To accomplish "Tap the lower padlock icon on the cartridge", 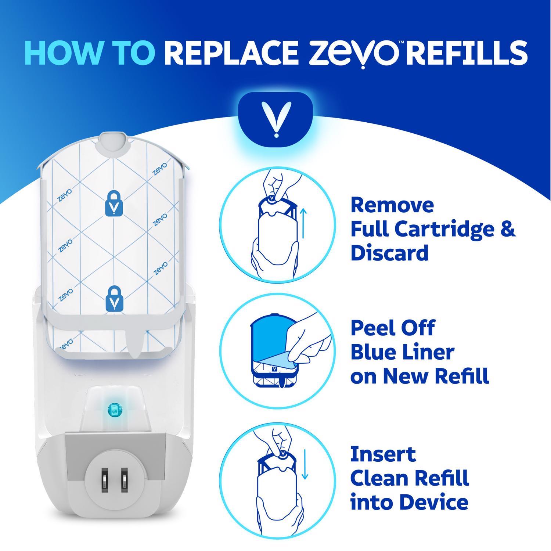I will (x=115, y=300).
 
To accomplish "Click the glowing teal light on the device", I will (x=115, y=409).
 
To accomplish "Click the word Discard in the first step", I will (x=390, y=253).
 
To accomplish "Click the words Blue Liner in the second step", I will (x=402, y=352).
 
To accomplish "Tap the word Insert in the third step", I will (x=383, y=454).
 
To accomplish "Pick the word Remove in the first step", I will (x=392, y=205).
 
